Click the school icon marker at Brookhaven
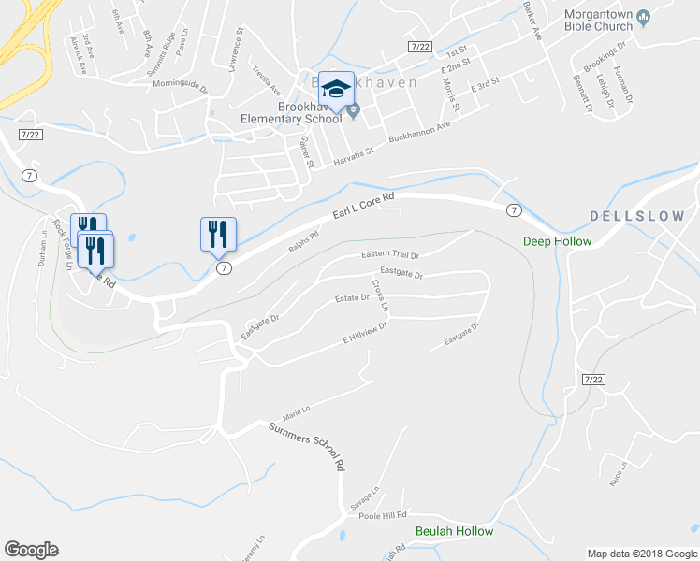click(x=336, y=90)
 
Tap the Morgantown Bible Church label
click(x=598, y=21)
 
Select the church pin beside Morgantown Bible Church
click(x=643, y=16)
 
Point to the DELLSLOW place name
click(x=637, y=216)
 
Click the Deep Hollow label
click(x=557, y=241)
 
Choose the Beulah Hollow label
click(x=454, y=531)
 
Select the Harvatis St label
click(x=354, y=156)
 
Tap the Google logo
click(x=31, y=550)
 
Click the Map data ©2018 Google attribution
click(x=642, y=554)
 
